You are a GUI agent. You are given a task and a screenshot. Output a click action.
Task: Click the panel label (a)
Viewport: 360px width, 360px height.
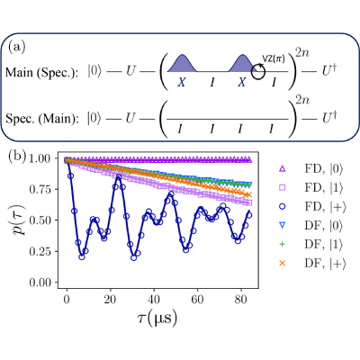coord(17,47)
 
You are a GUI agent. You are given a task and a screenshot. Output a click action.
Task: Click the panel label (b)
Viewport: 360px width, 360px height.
coord(17,157)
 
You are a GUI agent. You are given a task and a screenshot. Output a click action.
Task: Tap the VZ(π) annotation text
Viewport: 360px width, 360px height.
coord(274,59)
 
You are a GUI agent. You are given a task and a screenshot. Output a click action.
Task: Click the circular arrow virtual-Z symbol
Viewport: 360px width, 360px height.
coord(258,72)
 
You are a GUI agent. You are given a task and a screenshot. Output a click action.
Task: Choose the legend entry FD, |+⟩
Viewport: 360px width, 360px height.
coord(312,207)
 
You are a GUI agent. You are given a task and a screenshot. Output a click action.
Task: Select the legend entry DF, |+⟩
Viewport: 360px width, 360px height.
coord(312,264)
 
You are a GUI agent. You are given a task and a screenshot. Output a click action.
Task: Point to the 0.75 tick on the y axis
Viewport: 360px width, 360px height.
coord(41,190)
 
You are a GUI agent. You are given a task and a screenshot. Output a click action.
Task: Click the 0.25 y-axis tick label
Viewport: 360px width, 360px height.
coord(41,251)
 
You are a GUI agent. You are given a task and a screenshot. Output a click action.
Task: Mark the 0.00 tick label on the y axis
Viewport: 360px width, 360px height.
coord(41,283)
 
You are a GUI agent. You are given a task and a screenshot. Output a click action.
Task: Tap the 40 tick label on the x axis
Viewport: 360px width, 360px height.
coord(154,300)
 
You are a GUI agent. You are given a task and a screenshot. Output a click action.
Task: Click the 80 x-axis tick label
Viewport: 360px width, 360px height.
coord(241,300)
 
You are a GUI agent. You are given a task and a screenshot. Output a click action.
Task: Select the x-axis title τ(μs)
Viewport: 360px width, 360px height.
coord(157,318)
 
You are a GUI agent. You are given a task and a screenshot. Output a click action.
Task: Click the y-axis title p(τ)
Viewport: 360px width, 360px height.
coord(19,220)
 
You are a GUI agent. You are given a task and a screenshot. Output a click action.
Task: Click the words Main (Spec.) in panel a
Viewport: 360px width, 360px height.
coord(42,72)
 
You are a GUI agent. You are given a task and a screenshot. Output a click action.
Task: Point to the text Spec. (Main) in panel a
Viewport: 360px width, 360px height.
coord(42,119)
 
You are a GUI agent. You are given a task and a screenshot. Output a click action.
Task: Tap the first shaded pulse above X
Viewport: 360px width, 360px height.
coord(182,64)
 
